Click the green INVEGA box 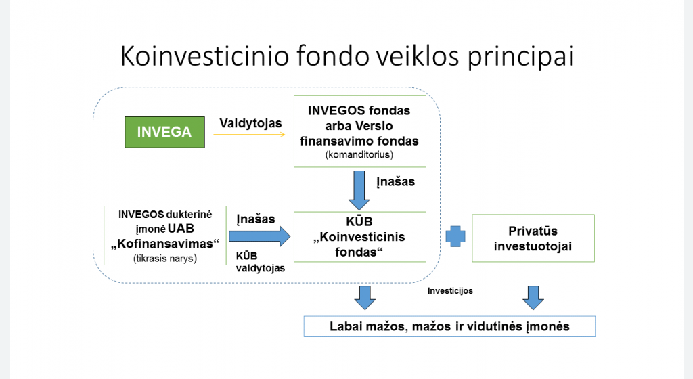pyautogui.click(x=164, y=132)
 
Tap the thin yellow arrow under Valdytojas pyautogui.click(x=249, y=134)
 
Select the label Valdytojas pyautogui.click(x=250, y=122)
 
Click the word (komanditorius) pyautogui.click(x=359, y=154)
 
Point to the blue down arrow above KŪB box pyautogui.click(x=359, y=190)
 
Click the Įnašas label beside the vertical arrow pyautogui.click(x=395, y=181)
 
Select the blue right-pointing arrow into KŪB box pyautogui.click(x=259, y=237)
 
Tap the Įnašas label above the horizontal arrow pyautogui.click(x=255, y=219)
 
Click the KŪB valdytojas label pyautogui.click(x=261, y=262)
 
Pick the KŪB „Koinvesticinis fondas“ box pyautogui.click(x=360, y=237)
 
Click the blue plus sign pyautogui.click(x=455, y=236)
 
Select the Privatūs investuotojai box pyautogui.click(x=533, y=238)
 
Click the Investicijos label pyautogui.click(x=450, y=290)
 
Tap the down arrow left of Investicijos pyautogui.click(x=365, y=298)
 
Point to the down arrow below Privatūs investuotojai pyautogui.click(x=533, y=298)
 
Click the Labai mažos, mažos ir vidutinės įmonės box pyautogui.click(x=449, y=326)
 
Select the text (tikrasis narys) pyautogui.click(x=165, y=258)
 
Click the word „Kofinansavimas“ pyautogui.click(x=165, y=244)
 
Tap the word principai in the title pyautogui.click(x=520, y=57)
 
